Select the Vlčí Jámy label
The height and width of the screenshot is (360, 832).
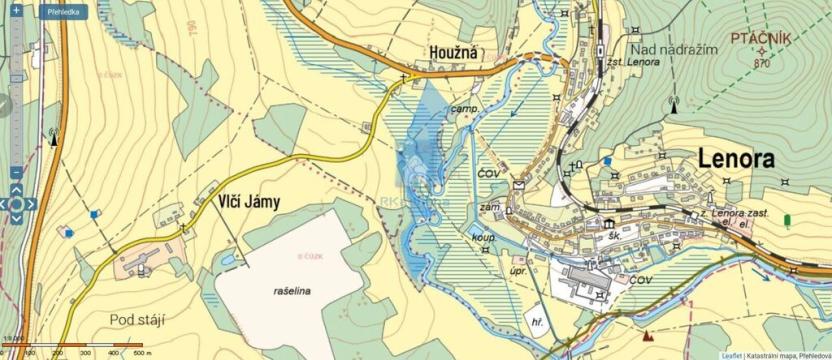click(249, 201)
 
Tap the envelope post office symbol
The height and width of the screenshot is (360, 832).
click(520, 185)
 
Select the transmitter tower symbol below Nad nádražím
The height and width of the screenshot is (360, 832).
click(673, 103)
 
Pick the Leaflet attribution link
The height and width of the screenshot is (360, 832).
click(732, 354)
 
